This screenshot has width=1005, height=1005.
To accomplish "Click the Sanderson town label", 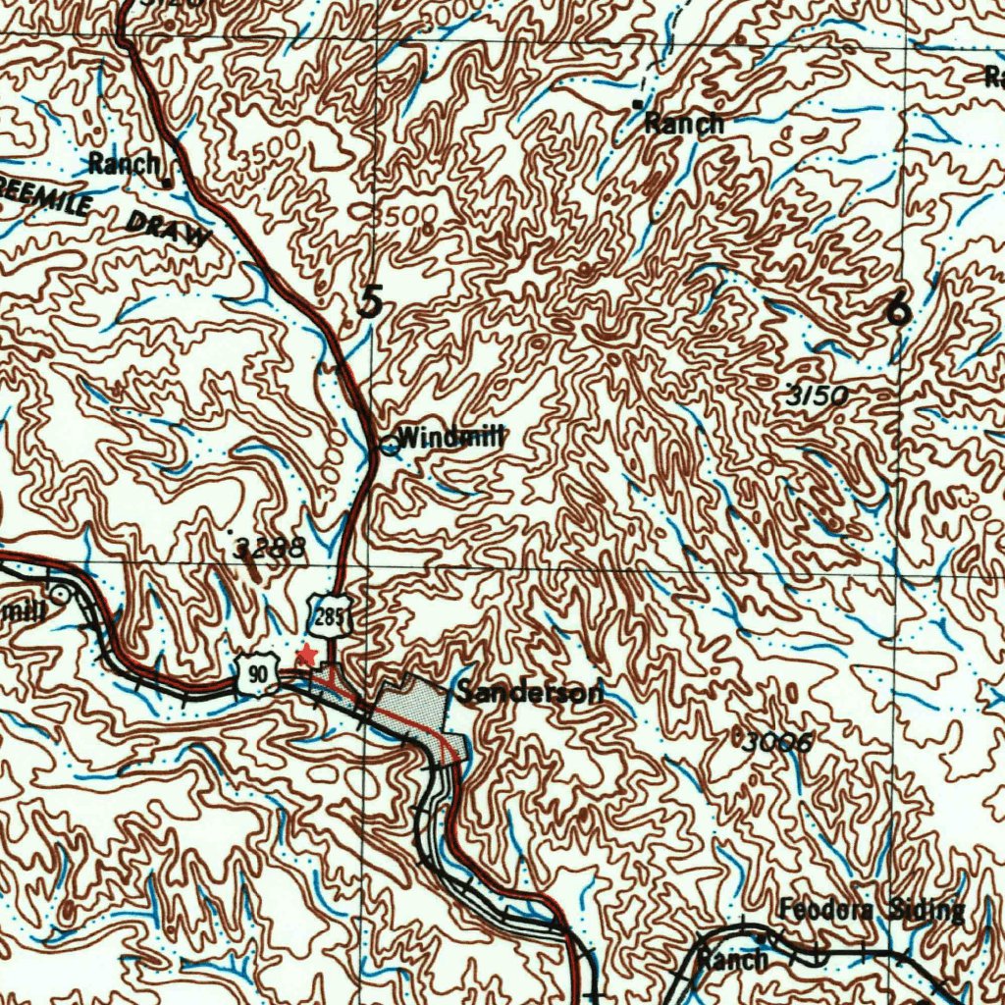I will pos(529,693).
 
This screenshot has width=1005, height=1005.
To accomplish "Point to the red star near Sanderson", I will pos(307,655).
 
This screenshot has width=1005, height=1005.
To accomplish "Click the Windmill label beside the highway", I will pos(451,438).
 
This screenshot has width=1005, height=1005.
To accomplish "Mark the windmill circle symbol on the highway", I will pos(390,447).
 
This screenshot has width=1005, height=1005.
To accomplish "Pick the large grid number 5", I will pos(370,300).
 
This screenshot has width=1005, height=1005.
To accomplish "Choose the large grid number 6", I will pos(897,309).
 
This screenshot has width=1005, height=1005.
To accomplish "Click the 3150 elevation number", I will pos(820,396).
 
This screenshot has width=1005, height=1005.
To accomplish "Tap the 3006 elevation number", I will pos(775,742).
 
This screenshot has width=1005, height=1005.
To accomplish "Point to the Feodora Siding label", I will pos(872,910).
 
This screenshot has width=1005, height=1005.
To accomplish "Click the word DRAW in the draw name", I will pos(168,229).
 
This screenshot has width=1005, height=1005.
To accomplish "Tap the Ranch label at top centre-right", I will pos(684,124).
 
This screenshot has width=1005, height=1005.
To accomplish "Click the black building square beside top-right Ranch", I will pos(637,103).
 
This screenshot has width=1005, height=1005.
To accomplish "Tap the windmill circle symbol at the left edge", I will pos(61,594).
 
